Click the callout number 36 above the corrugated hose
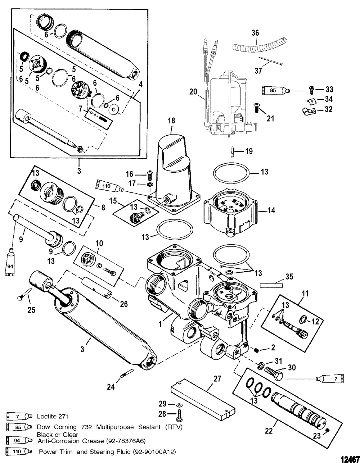point(255,33)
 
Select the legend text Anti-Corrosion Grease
point(71,441)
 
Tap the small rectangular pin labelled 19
point(233,152)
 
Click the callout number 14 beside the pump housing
point(271,210)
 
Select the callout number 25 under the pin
point(31,310)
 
